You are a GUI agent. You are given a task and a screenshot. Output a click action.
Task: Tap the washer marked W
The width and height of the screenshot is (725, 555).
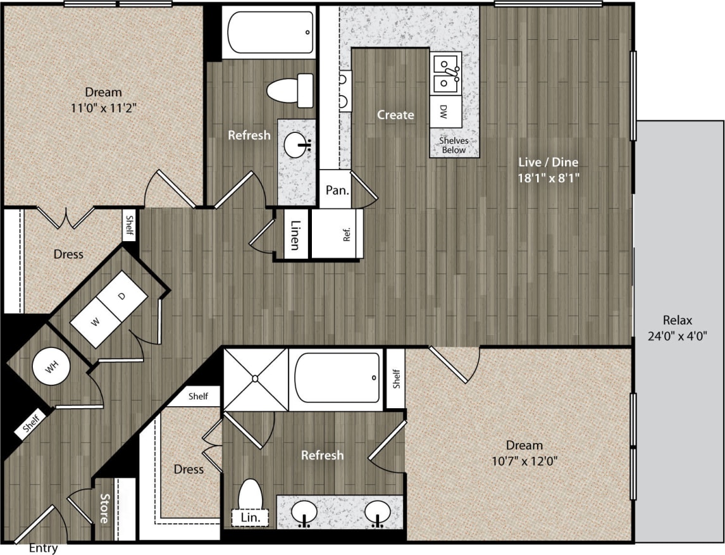(x=95, y=323)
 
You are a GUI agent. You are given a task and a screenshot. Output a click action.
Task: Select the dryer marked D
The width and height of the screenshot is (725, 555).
(x=123, y=296)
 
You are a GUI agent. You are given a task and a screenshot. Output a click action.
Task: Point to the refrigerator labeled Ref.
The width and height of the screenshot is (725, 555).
(x=345, y=234)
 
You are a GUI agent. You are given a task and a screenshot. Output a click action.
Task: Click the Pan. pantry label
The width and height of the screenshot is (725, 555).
(x=334, y=190)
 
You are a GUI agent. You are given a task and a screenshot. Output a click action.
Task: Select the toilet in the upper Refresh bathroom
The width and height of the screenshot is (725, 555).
(x=291, y=90)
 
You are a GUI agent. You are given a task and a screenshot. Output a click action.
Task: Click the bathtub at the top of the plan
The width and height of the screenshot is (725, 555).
(x=269, y=32)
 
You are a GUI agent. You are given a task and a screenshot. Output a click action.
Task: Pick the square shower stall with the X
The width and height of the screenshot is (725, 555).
(x=256, y=378)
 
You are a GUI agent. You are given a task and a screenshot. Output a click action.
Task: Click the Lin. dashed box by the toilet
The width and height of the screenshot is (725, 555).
(x=251, y=518)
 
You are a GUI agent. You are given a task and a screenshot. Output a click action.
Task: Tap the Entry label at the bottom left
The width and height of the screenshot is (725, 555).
(x=44, y=548)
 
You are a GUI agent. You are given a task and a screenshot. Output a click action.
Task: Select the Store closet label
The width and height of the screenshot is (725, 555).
(x=104, y=508)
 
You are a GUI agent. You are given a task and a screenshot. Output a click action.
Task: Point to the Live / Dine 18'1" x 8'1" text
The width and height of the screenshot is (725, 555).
(x=547, y=170)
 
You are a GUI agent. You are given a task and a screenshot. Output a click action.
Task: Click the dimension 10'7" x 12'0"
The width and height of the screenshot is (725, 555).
(x=524, y=461)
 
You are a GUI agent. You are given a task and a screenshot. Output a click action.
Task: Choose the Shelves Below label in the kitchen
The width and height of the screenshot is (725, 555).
(x=454, y=146)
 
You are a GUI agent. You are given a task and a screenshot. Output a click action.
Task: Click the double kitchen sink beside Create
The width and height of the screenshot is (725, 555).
(x=445, y=73)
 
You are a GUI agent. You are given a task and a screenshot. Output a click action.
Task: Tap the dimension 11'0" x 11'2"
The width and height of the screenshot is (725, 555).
(x=104, y=108)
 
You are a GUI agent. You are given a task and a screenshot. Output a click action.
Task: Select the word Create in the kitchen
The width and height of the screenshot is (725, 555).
(x=395, y=115)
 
